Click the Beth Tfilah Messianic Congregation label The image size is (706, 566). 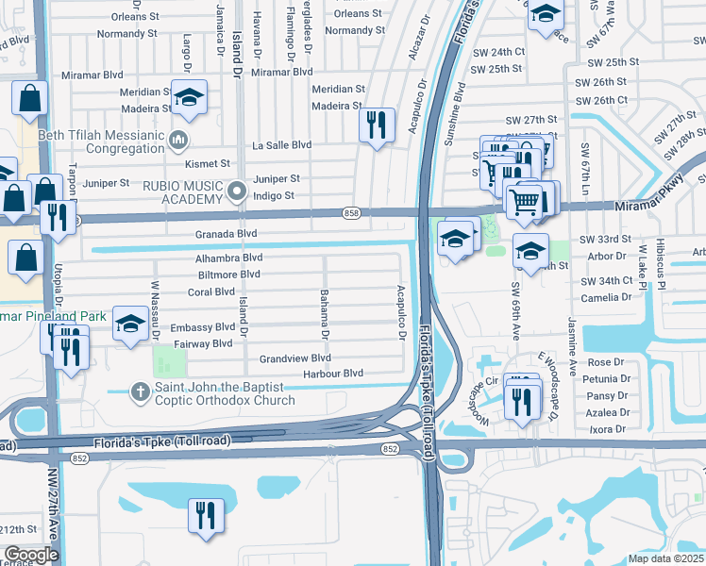pyautogui.click(x=99, y=142)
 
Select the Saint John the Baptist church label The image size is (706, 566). pyautogui.click(x=225, y=394)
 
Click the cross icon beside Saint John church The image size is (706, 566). pyautogui.click(x=140, y=390)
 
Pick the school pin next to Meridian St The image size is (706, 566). pyautogui.click(x=190, y=98)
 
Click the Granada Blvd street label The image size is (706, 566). pyautogui.click(x=226, y=233)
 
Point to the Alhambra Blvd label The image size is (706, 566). pyautogui.click(x=228, y=258)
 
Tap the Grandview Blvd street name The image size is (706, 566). pyautogui.click(x=294, y=358)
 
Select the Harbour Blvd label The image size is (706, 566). pyautogui.click(x=333, y=374)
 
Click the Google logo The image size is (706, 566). pyautogui.click(x=31, y=555)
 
